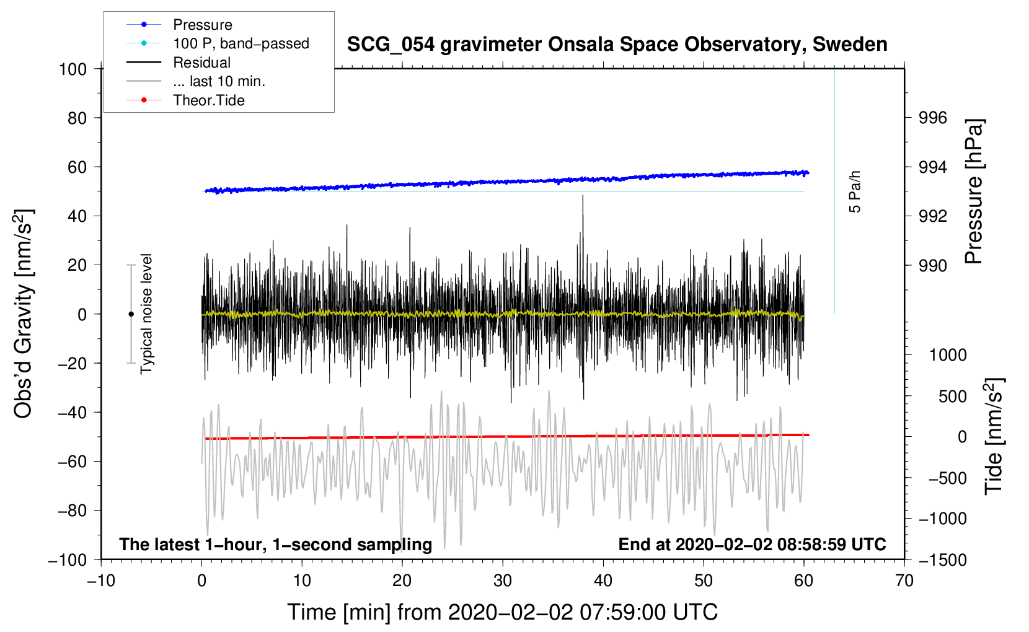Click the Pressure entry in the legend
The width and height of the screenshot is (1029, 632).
coord(203,25)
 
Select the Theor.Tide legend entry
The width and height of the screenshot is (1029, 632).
coord(208,100)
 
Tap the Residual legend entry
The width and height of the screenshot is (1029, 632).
coord(201,63)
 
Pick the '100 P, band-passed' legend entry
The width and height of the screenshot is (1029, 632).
coord(241,43)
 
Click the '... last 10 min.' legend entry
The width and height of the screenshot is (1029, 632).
coord(219,81)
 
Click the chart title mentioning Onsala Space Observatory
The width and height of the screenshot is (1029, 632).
coord(617,44)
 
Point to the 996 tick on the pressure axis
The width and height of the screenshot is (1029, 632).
coord(932,118)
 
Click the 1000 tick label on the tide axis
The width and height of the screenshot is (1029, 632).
coord(948,355)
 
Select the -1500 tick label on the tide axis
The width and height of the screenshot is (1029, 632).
coord(943,560)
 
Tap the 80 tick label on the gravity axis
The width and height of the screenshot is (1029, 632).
coord(77,118)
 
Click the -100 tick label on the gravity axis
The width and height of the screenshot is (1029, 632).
coord(68,560)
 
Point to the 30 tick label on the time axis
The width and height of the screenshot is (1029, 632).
coord(503,581)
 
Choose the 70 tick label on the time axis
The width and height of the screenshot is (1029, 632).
coord(904,581)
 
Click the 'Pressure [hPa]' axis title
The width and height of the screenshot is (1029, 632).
coord(974,191)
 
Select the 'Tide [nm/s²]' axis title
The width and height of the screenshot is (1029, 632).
coord(994,436)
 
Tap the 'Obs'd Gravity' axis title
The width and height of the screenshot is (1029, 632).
coord(23,314)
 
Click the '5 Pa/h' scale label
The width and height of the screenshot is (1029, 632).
coord(854,191)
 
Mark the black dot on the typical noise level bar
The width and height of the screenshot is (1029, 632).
coord(131,314)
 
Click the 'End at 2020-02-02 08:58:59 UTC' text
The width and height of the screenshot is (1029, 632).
coord(752,544)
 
